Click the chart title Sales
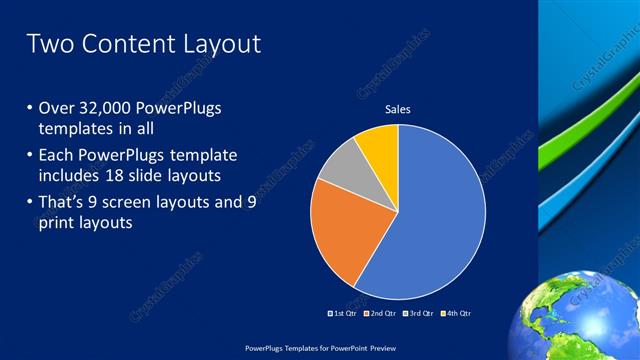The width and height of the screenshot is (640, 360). pos(398,109)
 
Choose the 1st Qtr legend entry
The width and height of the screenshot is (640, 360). pos(345,313)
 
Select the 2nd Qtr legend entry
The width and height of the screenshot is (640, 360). pos(383,313)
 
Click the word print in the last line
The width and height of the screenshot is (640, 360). pos(57,223)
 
